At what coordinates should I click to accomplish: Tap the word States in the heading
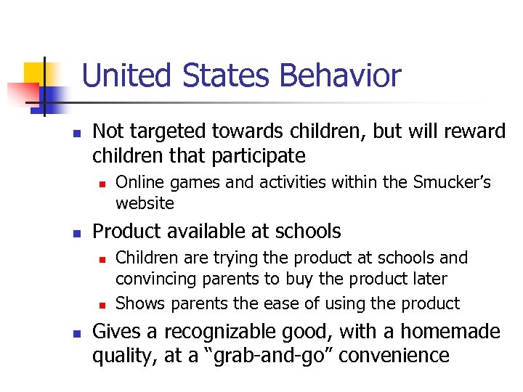229,76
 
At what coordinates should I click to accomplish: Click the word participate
260,155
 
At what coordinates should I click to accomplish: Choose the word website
145,203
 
